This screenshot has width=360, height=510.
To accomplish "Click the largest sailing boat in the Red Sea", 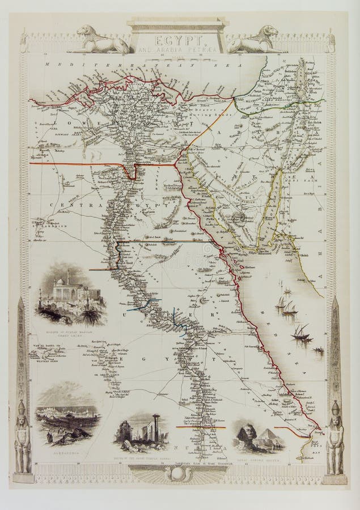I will [x=300, y=334].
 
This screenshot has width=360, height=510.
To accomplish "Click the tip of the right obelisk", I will [x=336, y=299].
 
